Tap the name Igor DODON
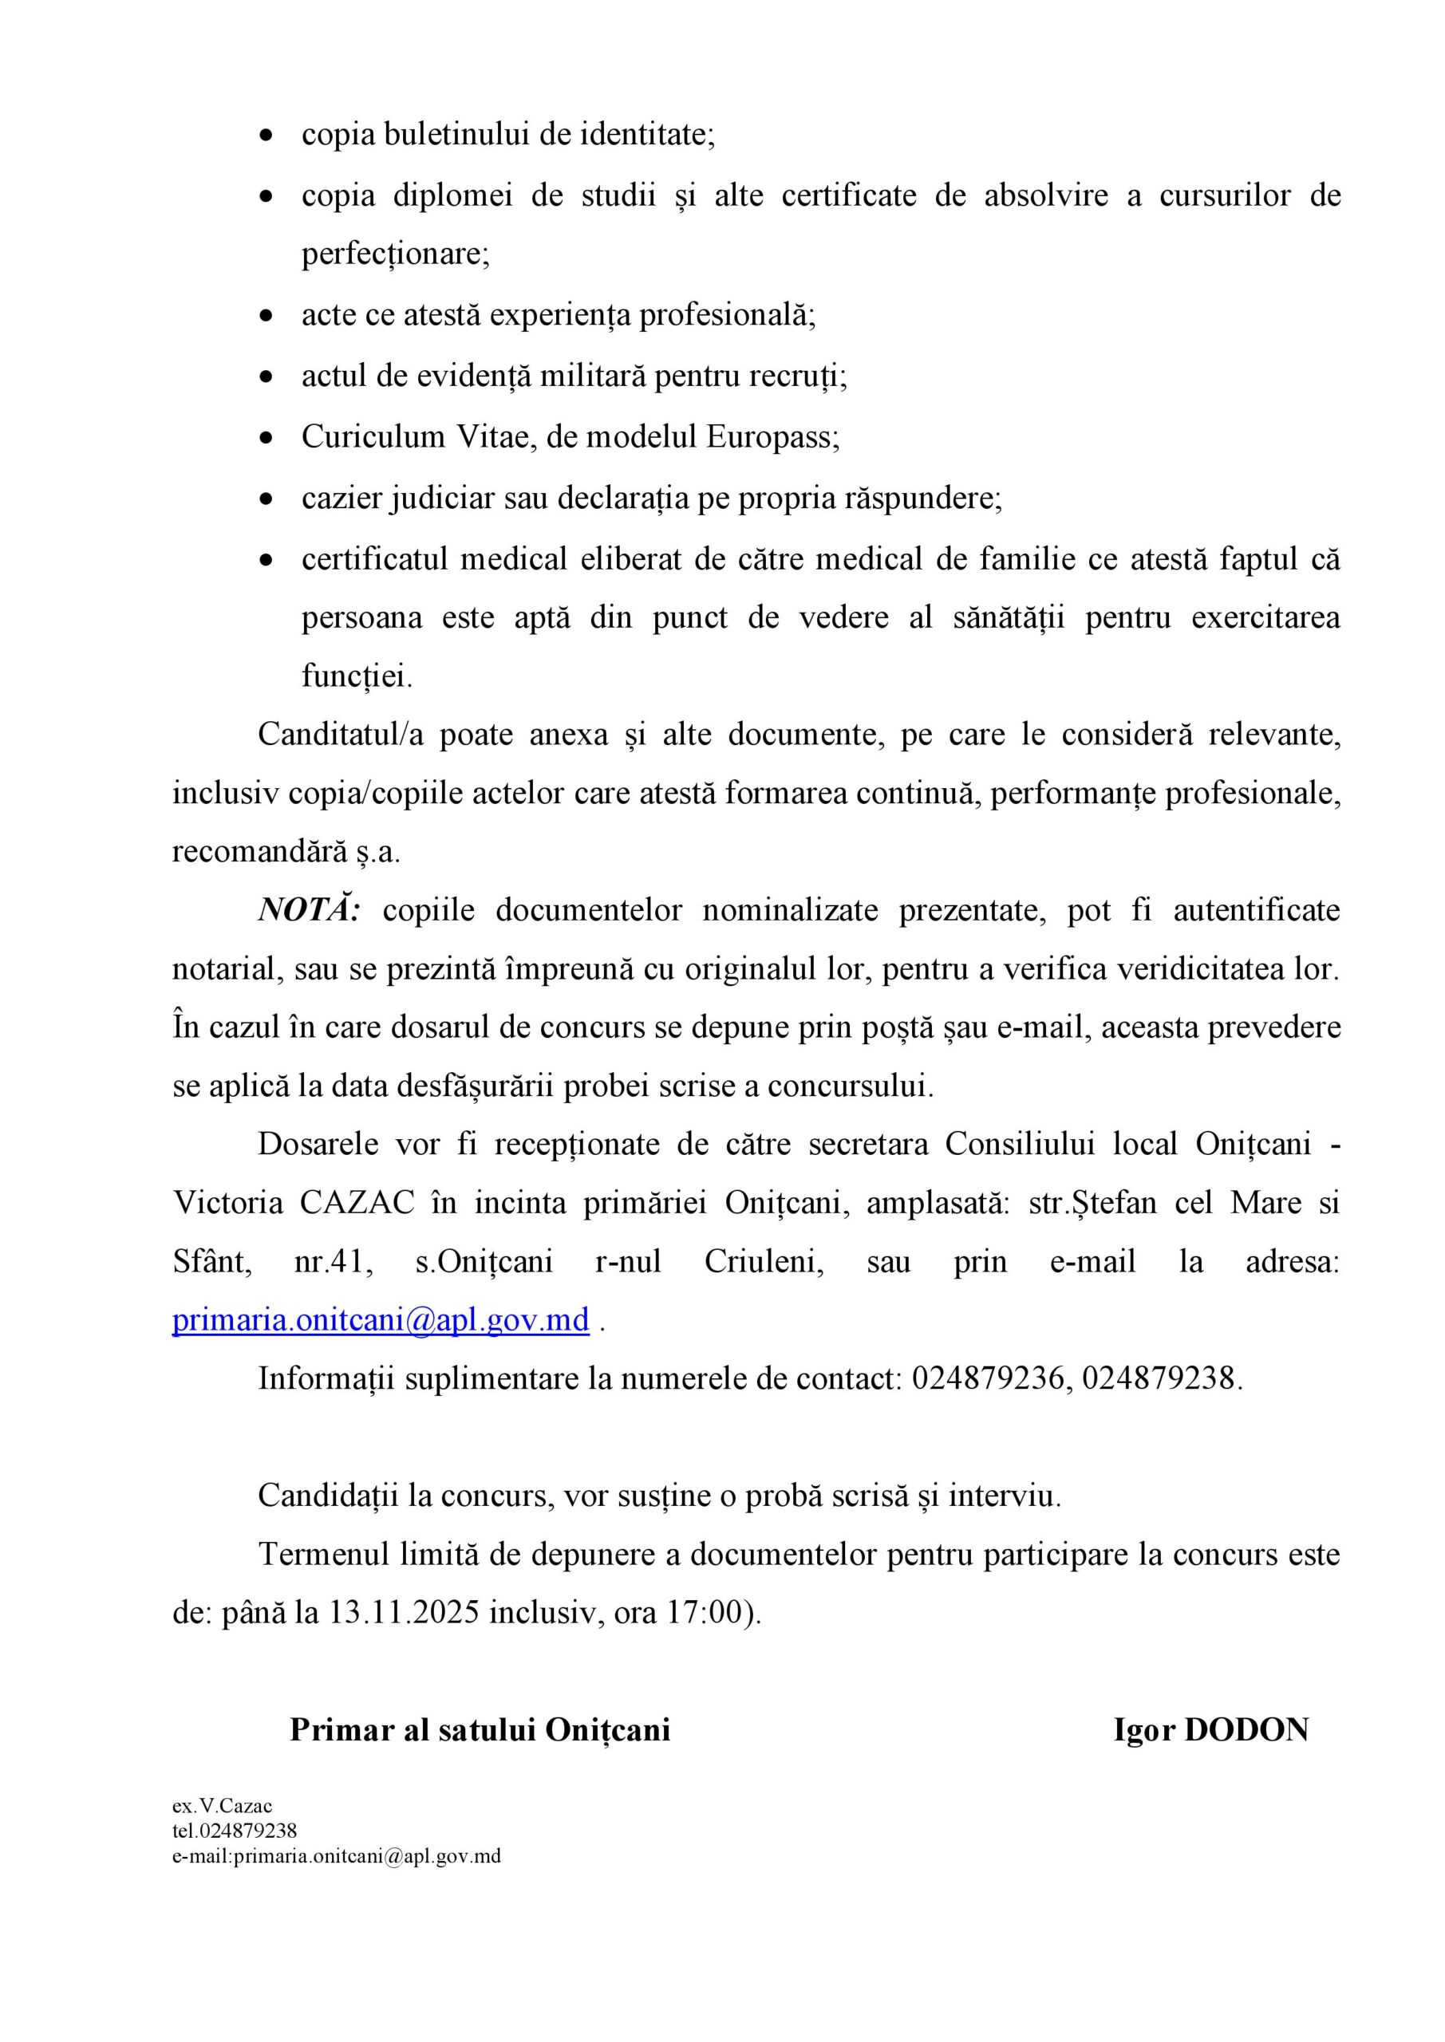[1211, 1730]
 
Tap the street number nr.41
[333, 1261]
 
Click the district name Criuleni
[764, 1261]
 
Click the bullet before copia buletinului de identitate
[266, 136]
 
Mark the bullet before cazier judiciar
[266, 499]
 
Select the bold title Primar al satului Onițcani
[480, 1730]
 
